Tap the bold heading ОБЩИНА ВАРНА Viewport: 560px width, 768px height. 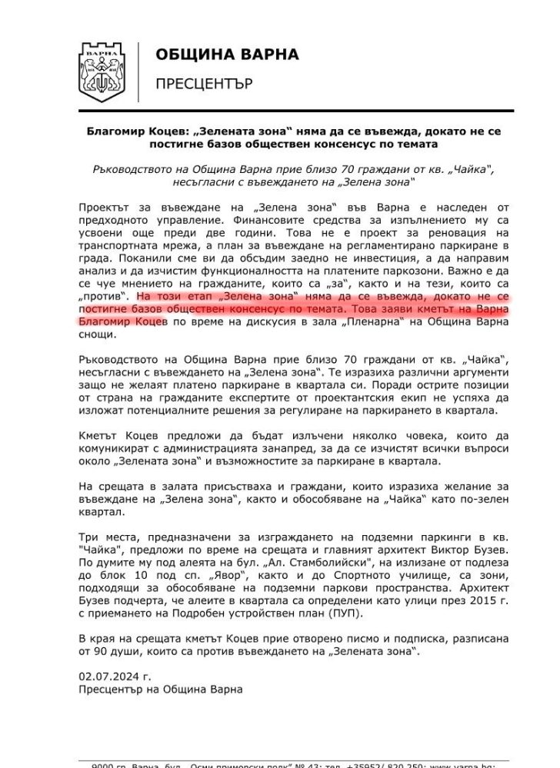[227, 55]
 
